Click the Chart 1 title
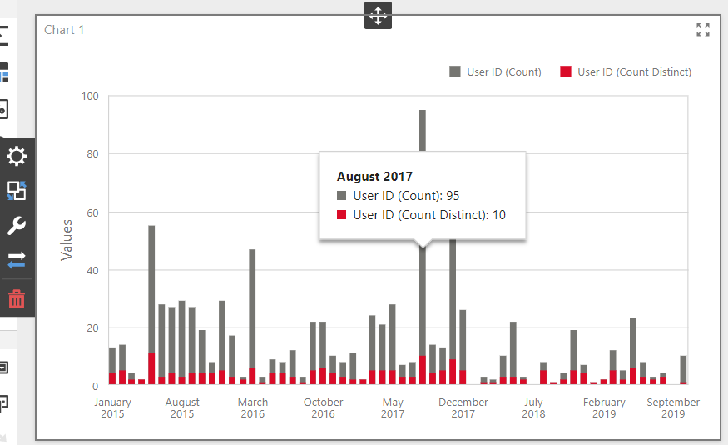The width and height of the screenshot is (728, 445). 64,30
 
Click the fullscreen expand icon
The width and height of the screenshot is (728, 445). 703,30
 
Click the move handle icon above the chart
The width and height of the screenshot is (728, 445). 378,15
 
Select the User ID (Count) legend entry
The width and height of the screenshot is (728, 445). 495,72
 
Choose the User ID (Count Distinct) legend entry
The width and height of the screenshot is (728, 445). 625,72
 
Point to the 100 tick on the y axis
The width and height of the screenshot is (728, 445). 90,97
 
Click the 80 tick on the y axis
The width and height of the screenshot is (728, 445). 92,154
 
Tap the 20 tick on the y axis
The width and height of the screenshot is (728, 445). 92,328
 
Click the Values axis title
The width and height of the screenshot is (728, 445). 67,240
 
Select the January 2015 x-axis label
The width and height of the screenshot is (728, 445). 112,407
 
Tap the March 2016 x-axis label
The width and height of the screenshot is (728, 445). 253,407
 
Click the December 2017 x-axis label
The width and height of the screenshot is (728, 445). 463,407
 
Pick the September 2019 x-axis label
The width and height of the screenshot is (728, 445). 673,407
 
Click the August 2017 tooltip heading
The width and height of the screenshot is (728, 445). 374,177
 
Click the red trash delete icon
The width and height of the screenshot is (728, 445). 17,298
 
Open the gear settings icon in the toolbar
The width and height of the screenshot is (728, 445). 17,156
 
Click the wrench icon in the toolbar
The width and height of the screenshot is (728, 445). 17,226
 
